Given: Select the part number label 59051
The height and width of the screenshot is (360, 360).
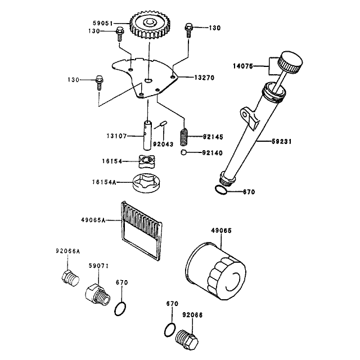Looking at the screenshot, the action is pyautogui.click(x=102, y=23).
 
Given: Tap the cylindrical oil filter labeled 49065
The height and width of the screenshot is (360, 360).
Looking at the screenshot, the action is pyautogui.click(x=215, y=271).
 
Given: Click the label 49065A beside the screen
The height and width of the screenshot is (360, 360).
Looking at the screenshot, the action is pyautogui.click(x=93, y=220).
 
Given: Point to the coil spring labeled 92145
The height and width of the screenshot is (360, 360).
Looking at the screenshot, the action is pyautogui.click(x=184, y=137).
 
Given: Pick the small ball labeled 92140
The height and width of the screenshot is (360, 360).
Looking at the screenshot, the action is pyautogui.click(x=183, y=152).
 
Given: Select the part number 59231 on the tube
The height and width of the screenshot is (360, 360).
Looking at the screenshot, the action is pyautogui.click(x=281, y=141).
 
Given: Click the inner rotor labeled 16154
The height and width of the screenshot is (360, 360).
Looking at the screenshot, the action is pyautogui.click(x=147, y=161).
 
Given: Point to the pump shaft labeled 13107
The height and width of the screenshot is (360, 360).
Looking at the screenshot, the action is pyautogui.click(x=147, y=135).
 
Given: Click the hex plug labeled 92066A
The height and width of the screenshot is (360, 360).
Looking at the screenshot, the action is pyautogui.click(x=70, y=278).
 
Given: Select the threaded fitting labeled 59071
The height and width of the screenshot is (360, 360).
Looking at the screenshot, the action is pyautogui.click(x=97, y=295).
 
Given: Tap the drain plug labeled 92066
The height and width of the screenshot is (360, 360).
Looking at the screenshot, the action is pyautogui.click(x=187, y=340).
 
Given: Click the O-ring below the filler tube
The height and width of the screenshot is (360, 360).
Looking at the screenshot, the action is pyautogui.click(x=221, y=190).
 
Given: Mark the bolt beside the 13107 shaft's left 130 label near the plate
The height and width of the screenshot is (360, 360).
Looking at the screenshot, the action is pyautogui.click(x=100, y=83).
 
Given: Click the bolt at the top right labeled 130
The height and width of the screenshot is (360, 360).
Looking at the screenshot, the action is pyautogui.click(x=188, y=30).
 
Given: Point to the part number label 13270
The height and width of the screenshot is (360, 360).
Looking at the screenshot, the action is pyautogui.click(x=204, y=78).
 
